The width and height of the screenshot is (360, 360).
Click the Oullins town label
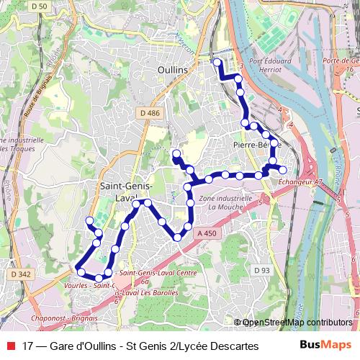172,69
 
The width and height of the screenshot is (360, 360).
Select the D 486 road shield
149,113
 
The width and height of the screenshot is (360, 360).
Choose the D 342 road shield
21,274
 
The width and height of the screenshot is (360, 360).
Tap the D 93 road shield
261,270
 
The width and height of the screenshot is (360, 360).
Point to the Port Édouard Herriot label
270,66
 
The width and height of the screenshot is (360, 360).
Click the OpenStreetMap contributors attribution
297,323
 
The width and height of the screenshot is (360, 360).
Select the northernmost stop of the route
217,63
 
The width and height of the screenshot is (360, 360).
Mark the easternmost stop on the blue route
283,170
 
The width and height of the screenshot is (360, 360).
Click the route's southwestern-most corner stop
81,272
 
